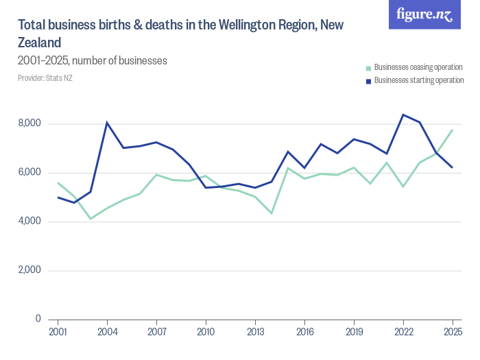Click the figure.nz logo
425,15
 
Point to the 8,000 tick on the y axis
31,124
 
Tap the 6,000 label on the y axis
31,173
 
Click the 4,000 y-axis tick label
31,221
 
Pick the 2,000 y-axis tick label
31,270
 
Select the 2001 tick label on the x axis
58,332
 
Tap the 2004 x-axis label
107,332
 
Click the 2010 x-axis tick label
206,332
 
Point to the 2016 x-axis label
304,332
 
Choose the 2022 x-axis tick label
403,332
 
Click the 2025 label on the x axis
453,332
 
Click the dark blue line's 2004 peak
107,123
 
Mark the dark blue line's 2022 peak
403,115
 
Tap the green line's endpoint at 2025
453,130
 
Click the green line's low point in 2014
272,213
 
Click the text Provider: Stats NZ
45,78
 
